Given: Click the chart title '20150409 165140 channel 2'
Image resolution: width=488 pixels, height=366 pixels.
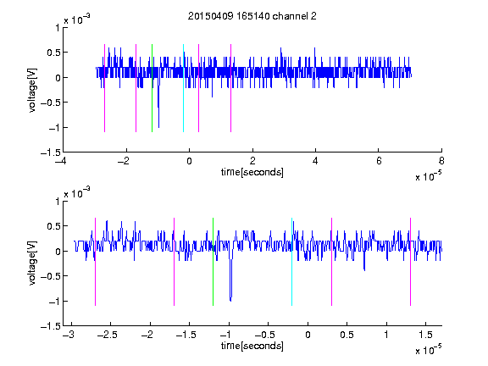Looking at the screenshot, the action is (252, 16).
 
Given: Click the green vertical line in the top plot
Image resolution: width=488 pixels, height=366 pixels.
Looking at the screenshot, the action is (152, 88).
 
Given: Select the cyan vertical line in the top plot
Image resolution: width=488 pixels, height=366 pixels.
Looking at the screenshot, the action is (183, 88).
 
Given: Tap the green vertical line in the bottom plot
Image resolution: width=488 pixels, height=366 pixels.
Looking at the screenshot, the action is (213, 262).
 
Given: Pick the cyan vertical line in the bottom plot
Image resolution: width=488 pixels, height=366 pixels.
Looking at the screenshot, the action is (291, 262).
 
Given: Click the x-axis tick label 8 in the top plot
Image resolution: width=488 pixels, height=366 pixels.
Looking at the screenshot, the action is (441, 161).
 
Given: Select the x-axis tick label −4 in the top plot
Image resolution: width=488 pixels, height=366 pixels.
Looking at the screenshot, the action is (62, 161).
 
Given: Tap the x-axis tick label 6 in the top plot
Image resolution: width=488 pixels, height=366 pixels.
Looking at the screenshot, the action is (379, 161).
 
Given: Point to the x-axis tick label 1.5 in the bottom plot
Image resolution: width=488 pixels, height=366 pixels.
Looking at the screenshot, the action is (425, 335).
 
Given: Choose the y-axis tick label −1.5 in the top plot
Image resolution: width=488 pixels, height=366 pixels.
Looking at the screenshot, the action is (51, 152).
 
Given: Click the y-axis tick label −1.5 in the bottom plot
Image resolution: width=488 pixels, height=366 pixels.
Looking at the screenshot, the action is (51, 326).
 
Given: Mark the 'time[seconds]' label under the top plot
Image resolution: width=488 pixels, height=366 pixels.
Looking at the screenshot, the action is (252, 172).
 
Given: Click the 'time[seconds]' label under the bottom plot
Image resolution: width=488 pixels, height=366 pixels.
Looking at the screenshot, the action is (252, 346).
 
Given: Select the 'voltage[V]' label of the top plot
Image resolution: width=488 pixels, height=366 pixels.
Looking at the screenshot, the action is (32, 90).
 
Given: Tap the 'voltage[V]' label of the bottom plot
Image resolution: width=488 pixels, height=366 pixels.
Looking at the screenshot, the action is (32, 263).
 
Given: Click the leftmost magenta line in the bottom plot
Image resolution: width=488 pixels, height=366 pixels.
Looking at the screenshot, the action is (95, 262).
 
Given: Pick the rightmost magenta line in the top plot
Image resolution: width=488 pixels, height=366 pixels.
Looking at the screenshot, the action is (230, 88).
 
